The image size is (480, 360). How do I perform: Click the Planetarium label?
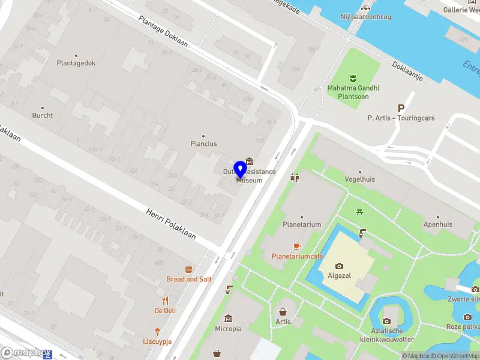[x=302, y=224]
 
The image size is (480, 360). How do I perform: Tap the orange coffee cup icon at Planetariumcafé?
[x=297, y=246]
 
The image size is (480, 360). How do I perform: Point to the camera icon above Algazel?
[x=340, y=266]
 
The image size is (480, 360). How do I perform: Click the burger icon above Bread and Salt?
[x=189, y=269]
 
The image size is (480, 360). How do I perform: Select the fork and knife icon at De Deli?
[x=165, y=301]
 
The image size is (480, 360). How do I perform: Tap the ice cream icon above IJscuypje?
[x=157, y=331]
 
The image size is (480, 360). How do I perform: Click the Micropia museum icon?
[x=228, y=319]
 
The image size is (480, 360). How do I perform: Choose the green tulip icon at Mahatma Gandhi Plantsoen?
[x=353, y=77]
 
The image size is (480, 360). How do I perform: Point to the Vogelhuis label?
[x=360, y=179]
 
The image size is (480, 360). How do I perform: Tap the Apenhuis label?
[x=437, y=224]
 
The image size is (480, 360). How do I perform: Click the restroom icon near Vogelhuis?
[x=294, y=178]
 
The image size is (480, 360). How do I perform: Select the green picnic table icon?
[x=359, y=211]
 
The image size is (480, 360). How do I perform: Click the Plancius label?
[x=203, y=144]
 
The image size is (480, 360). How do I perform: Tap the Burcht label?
[x=43, y=115]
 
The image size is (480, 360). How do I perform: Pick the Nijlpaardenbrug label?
[x=366, y=17]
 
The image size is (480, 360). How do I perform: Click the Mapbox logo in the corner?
[x=25, y=353]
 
